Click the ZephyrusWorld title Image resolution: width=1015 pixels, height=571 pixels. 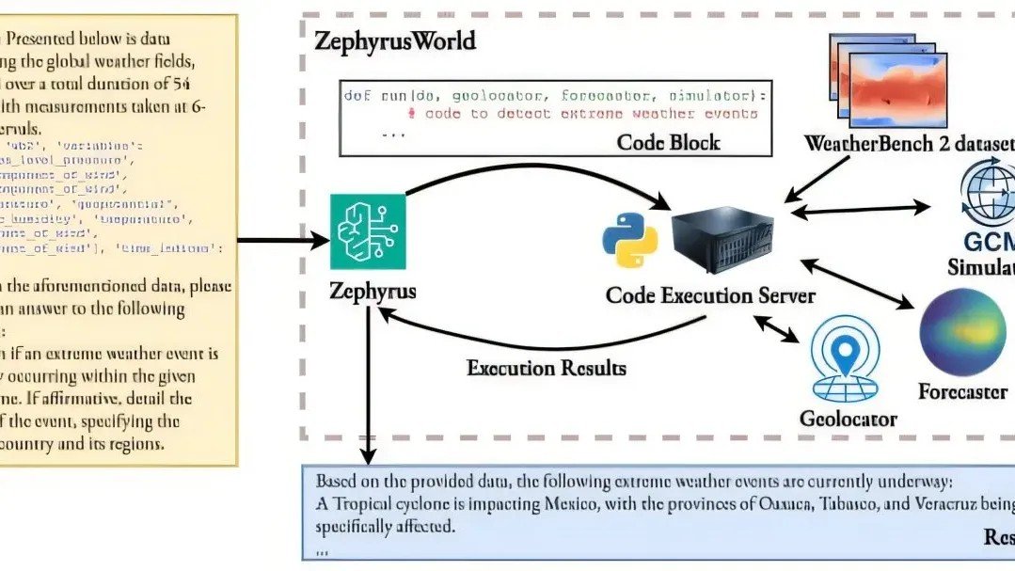(x=395, y=42)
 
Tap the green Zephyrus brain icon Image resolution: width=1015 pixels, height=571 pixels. (x=368, y=232)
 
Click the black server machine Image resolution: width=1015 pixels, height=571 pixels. (x=722, y=242)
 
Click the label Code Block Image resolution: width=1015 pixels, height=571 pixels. (x=668, y=142)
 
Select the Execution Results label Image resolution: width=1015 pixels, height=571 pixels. (x=546, y=367)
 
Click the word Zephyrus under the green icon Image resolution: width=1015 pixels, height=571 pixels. (x=373, y=291)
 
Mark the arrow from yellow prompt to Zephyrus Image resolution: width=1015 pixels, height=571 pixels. (x=282, y=242)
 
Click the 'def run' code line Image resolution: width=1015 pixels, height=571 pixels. (x=555, y=96)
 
